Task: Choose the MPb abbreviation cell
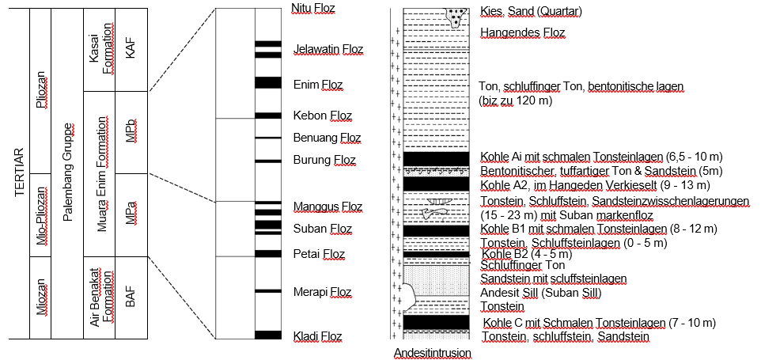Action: (131, 131)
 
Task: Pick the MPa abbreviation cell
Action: (131, 214)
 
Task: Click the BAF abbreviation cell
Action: (131, 297)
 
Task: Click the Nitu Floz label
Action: (313, 9)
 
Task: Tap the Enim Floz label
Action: (318, 85)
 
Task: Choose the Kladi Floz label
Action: (317, 336)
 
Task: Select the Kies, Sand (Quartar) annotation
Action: (531, 11)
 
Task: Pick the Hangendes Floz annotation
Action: (522, 32)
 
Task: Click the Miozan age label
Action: (43, 297)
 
